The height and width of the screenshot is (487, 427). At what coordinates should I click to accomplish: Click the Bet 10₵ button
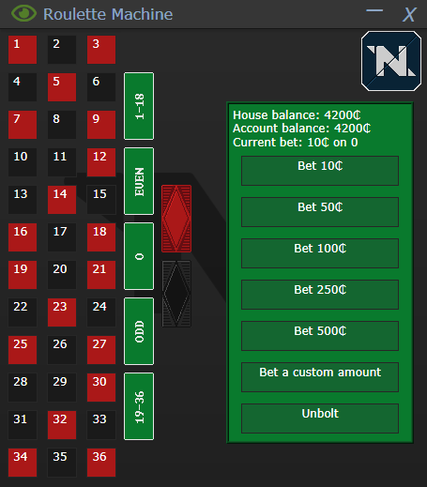pos(320,170)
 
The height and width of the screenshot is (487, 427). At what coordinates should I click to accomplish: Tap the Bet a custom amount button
pos(320,376)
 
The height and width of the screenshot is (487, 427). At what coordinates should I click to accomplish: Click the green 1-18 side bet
pos(139,106)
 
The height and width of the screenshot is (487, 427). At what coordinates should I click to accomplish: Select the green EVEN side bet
pos(139,181)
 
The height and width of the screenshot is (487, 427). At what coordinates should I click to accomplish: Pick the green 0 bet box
pos(139,256)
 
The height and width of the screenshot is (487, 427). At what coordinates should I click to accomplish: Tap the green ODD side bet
pos(139,331)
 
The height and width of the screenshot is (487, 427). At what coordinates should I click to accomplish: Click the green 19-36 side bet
pos(139,406)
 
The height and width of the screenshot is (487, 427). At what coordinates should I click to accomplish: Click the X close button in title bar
pos(408,14)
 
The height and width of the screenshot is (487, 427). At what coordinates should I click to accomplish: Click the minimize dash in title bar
pos(374,11)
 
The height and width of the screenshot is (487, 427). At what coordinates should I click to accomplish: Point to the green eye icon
pos(23,14)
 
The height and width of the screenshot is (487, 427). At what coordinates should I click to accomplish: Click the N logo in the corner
pos(384,59)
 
